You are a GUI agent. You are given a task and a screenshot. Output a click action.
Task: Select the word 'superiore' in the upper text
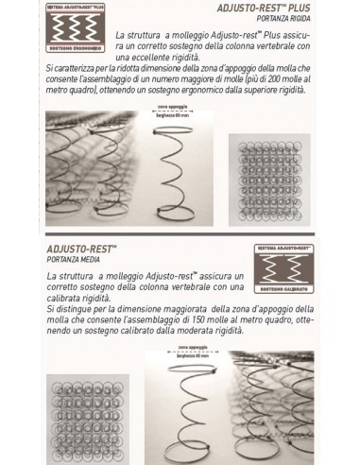pos(283,91)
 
